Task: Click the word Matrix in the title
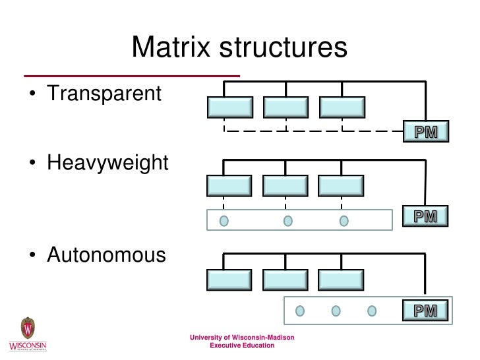click(171, 47)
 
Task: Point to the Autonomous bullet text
click(106, 255)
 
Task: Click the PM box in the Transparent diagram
click(426, 132)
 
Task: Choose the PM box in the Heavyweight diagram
click(426, 216)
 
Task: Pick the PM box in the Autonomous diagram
click(426, 310)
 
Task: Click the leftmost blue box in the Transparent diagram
click(230, 107)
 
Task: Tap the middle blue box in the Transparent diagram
click(286, 107)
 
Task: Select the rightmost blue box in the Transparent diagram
click(342, 107)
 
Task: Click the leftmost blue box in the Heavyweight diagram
click(229, 186)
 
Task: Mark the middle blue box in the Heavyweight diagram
click(285, 186)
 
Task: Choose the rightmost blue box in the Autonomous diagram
click(340, 280)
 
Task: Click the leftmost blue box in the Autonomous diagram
click(229, 280)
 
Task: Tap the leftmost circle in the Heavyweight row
click(224, 220)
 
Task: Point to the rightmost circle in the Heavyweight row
click(344, 220)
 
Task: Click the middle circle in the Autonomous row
click(336, 310)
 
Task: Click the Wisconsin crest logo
click(28, 328)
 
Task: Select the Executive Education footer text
click(242, 345)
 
